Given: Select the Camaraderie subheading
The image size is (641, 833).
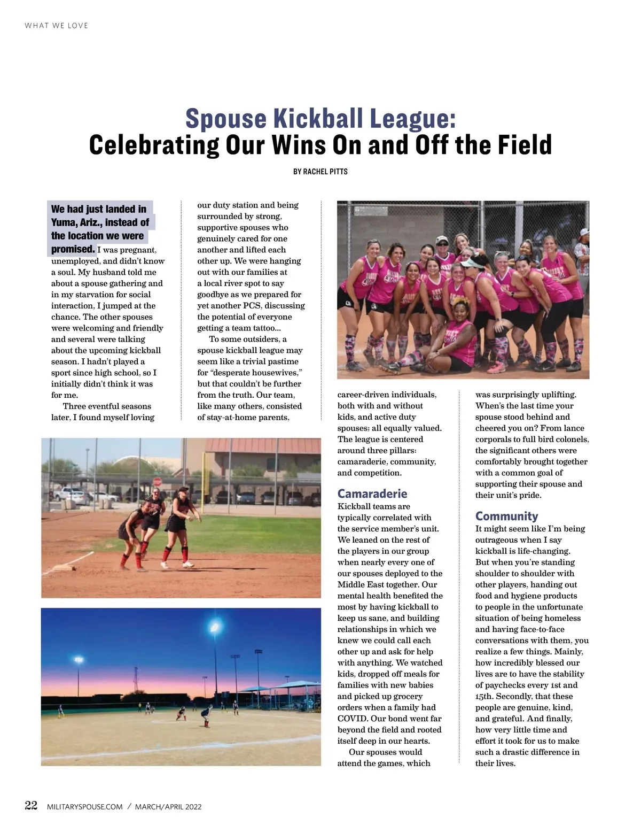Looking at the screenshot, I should pyautogui.click(x=372, y=493).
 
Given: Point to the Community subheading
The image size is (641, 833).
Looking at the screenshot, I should pyautogui.click(x=506, y=516).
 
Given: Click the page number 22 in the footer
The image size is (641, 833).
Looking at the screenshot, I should pyautogui.click(x=31, y=806).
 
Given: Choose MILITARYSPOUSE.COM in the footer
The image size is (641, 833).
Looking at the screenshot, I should pyautogui.click(x=85, y=807).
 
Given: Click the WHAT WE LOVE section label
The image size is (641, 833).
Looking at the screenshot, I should pyautogui.click(x=56, y=26).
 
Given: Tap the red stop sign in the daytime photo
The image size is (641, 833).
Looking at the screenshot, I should pyautogui.click(x=158, y=481).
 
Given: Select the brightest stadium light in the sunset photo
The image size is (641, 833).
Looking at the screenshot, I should pyautogui.click(x=215, y=626).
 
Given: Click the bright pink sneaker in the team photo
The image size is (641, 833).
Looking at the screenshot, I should pyautogui.click(x=495, y=368).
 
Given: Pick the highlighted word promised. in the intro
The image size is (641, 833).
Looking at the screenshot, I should pyautogui.click(x=73, y=249).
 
